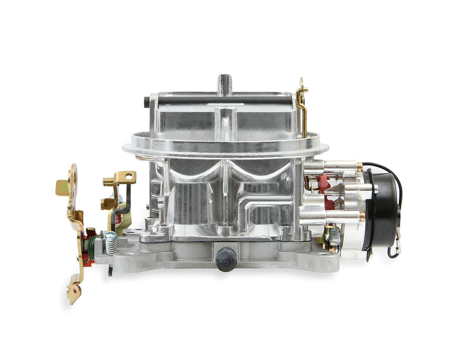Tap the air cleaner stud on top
click(224, 83)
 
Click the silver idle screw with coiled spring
click(109, 243)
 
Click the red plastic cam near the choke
click(323, 184)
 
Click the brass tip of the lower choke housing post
click(362, 217)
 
